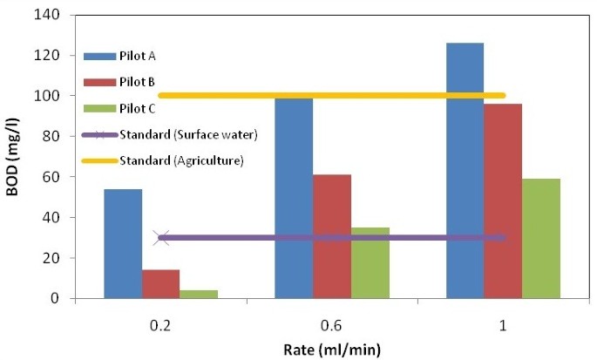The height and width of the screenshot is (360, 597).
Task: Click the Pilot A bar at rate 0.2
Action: [123, 243]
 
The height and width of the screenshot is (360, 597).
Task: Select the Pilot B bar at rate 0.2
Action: [160, 284]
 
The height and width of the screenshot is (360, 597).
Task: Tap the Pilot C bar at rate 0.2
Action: [199, 294]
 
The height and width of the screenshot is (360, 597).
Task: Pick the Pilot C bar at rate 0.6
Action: [370, 262]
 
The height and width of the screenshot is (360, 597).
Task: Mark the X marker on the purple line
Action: [161, 237]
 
